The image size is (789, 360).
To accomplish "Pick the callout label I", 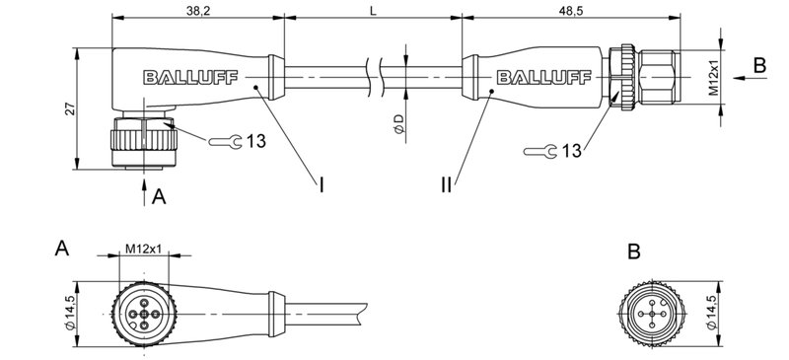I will coord(321,183).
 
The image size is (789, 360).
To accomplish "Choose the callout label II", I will coord(447,183).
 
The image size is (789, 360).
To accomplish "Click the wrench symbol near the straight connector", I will coord(538,151).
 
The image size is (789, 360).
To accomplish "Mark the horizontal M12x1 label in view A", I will coord(143,249).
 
